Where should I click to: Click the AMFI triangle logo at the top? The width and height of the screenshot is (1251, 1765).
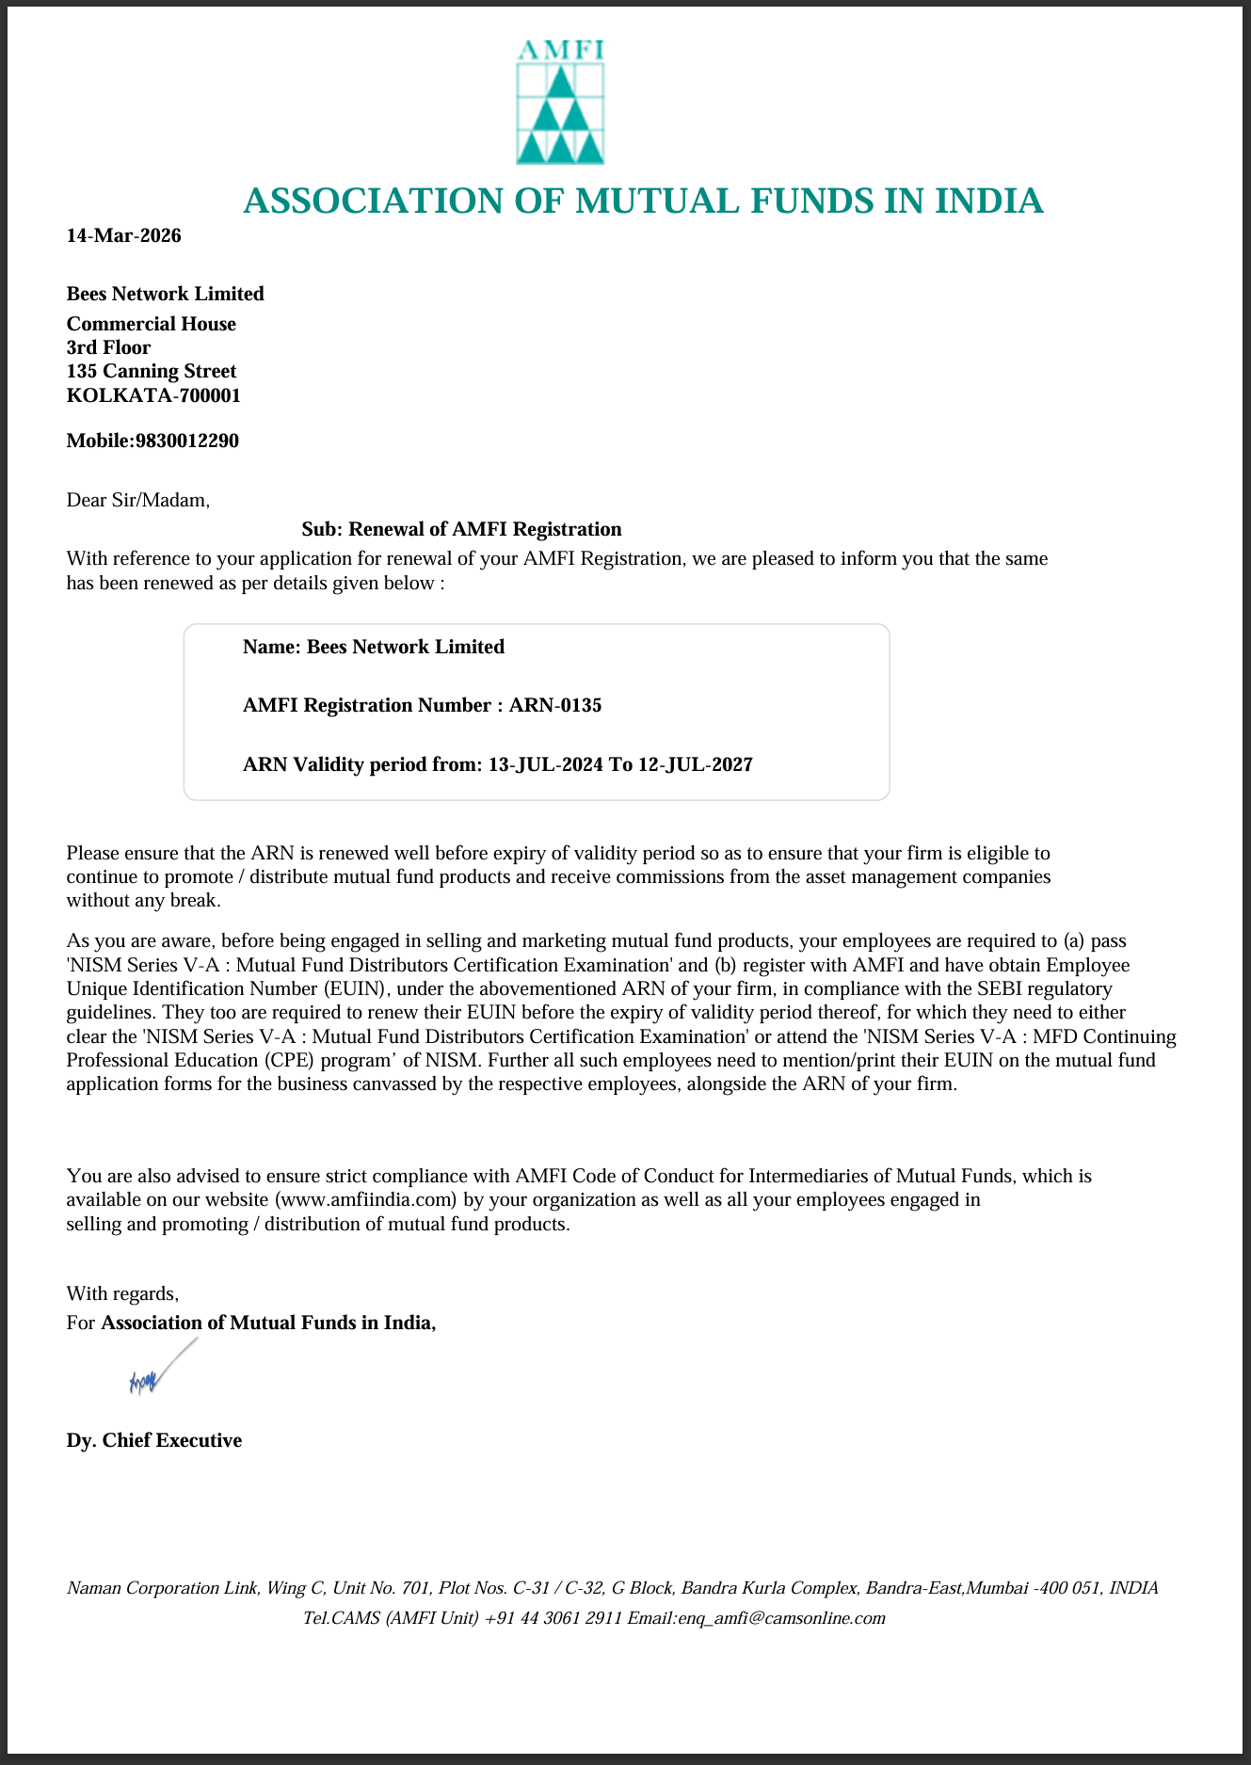560,104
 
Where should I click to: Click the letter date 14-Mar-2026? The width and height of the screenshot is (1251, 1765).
123,235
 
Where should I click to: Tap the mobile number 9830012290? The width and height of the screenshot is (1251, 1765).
187,441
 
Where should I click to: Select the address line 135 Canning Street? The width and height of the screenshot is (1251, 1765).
151,371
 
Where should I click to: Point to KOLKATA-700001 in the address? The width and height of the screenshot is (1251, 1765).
152,395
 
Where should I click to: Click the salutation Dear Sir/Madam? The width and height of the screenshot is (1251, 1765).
137,500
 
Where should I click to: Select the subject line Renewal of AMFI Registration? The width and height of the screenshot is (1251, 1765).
461,529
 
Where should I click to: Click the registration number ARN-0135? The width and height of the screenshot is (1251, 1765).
555,705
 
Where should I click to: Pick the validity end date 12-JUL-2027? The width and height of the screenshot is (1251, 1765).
695,764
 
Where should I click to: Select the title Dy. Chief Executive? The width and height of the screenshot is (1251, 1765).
153,1440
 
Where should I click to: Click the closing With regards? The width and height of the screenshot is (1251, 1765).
122,1293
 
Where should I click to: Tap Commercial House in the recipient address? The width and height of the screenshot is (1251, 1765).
151,324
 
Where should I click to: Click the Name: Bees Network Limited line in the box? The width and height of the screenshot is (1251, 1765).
373,647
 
